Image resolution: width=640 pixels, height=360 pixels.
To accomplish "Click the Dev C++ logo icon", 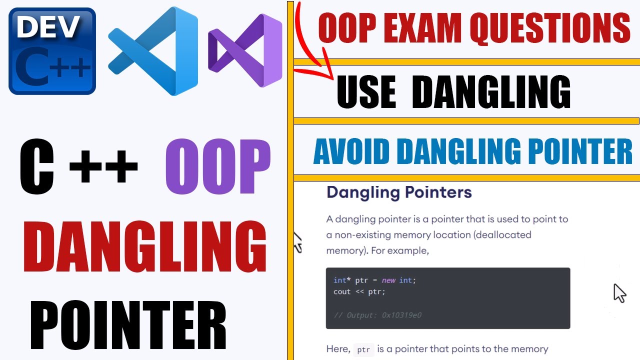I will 52,51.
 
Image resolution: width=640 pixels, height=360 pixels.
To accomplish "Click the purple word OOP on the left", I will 217,167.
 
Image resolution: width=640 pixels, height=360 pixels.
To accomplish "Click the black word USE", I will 366,92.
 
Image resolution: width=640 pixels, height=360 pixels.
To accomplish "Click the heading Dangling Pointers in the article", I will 399,192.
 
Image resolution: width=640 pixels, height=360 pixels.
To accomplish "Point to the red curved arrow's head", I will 327,75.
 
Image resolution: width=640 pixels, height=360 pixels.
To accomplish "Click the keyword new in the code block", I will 388,280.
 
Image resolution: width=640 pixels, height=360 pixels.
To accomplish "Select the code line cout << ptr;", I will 359,291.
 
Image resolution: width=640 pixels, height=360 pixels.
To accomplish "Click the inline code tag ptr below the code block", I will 363,349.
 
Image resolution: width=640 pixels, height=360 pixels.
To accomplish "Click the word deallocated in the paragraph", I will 505,234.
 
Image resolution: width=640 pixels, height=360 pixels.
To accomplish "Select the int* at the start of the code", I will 341,280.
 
